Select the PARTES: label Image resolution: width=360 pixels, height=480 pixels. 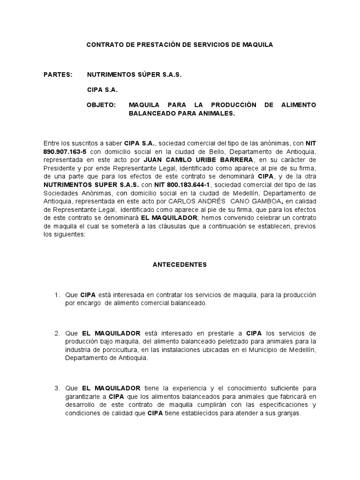pos(58,75)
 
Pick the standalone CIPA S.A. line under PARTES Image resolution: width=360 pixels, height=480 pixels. pos(103,90)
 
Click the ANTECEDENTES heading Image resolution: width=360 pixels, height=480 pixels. pos(180,264)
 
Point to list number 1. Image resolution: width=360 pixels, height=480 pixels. pos(57,295)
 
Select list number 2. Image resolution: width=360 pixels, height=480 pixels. pos(57,333)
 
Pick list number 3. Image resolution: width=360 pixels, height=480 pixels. pos(57,388)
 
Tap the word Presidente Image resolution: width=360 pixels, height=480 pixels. pos(59,168)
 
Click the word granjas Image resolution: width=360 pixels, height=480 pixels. pos(289,413)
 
